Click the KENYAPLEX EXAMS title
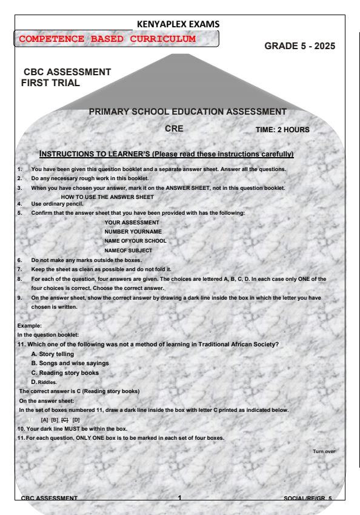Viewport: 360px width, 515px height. click(x=179, y=24)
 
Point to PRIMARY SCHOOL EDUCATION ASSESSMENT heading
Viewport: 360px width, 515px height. click(x=188, y=112)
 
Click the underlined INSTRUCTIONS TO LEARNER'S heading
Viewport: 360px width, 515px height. click(x=166, y=154)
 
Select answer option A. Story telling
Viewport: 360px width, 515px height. click(x=56, y=353)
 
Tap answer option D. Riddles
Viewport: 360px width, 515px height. click(x=47, y=382)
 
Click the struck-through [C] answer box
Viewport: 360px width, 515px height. click(x=66, y=420)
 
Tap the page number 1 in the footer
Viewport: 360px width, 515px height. click(x=180, y=497)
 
